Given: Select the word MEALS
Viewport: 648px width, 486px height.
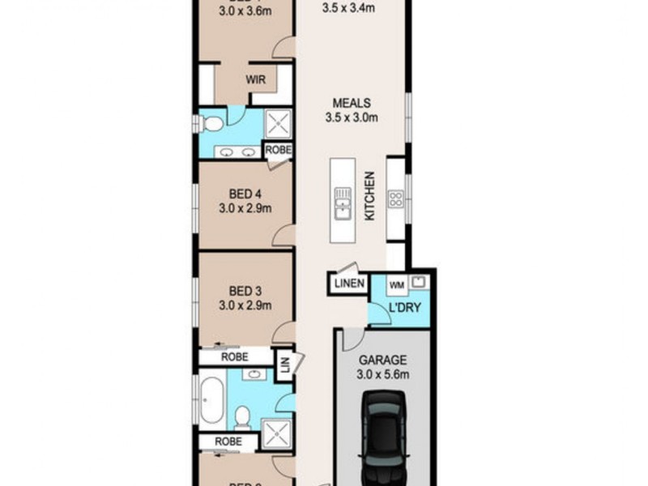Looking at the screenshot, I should click(352, 103).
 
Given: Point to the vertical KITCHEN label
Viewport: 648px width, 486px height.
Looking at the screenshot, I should click(369, 197).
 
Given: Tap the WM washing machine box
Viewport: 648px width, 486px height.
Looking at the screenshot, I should click(397, 285).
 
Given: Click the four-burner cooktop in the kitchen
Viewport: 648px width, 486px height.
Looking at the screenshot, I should click(398, 199).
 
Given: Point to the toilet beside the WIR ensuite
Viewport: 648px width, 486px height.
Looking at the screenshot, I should click(211, 123).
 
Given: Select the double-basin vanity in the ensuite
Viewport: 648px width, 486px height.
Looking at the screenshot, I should click(238, 151).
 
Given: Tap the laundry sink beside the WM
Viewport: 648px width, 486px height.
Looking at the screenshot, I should click(419, 283).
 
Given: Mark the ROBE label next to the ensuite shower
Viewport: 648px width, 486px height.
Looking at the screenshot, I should click(278, 151).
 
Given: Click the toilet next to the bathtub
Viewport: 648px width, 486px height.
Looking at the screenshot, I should click(241, 417).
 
